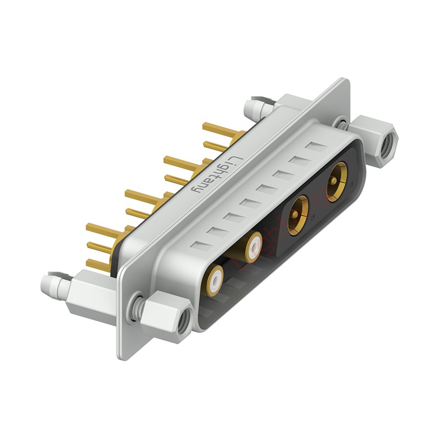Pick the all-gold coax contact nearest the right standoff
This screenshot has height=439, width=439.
point(336,182)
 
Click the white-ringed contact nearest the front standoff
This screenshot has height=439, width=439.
point(215,280)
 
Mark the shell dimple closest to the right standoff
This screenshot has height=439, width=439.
point(316,147)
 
